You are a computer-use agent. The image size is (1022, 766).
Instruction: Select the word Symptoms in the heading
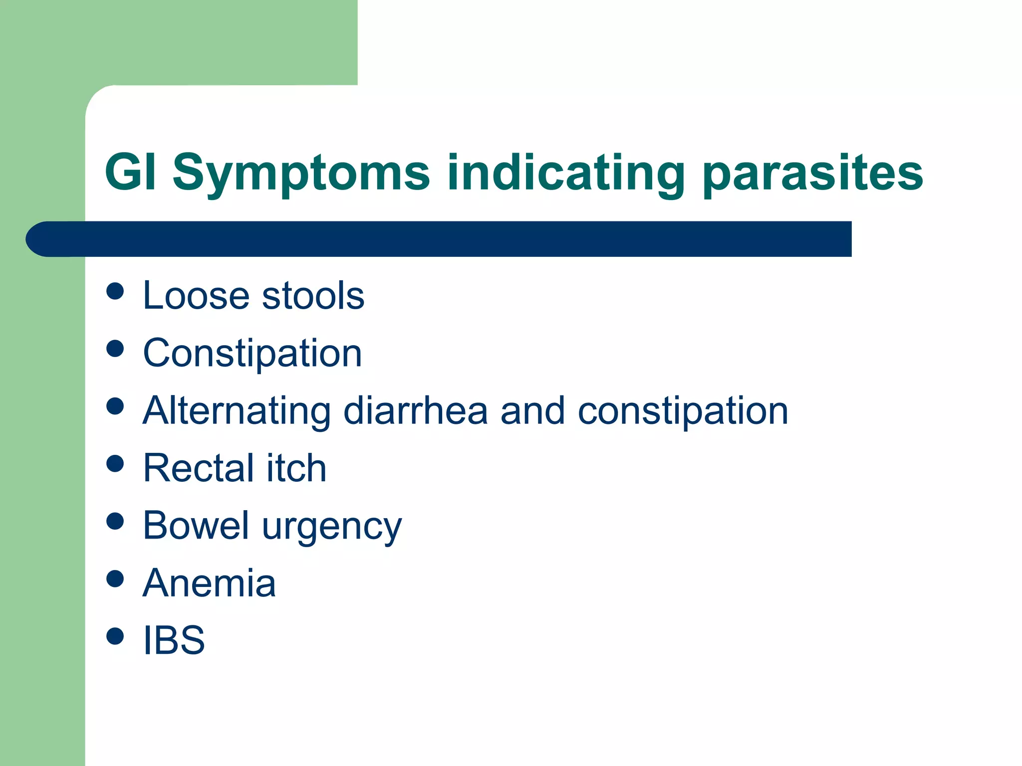click(301, 174)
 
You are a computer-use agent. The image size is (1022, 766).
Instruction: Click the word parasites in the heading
click(813, 174)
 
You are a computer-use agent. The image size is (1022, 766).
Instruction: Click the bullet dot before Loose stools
click(115, 291)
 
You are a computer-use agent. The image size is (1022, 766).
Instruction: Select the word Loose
click(196, 295)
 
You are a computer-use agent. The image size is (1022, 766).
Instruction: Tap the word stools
click(313, 295)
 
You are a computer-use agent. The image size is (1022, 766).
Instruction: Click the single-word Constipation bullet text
click(252, 354)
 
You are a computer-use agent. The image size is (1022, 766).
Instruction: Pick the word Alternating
click(236, 411)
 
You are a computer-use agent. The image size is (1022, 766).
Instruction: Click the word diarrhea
click(415, 411)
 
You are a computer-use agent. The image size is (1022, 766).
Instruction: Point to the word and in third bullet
click(532, 411)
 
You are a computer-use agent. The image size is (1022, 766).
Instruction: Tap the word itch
click(296, 468)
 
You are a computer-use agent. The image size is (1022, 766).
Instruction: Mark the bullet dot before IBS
click(115, 636)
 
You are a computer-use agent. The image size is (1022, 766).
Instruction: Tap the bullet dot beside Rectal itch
click(115, 464)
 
